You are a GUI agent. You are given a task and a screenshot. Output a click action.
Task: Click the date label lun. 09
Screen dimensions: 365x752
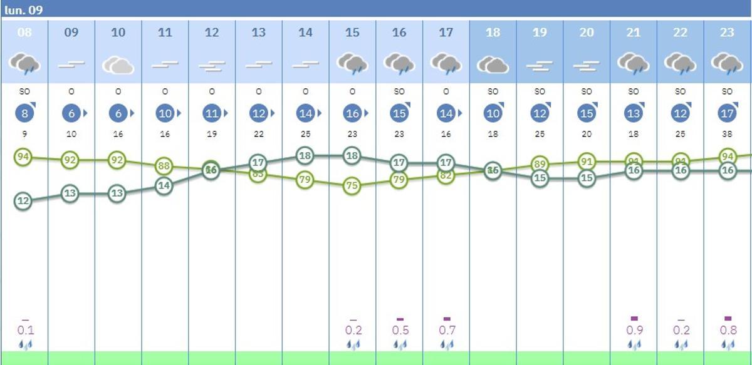[x=23, y=10]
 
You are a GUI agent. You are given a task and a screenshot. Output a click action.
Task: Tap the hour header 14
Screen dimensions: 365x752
[x=305, y=33]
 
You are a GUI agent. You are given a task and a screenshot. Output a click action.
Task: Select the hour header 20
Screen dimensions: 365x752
[x=587, y=33]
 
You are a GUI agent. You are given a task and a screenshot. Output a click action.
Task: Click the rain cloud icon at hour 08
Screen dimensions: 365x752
[x=24, y=63]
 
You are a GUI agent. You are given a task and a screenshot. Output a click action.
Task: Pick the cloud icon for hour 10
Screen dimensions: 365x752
[x=118, y=64]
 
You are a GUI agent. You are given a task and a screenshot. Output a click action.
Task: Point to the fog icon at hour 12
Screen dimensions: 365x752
[x=212, y=65]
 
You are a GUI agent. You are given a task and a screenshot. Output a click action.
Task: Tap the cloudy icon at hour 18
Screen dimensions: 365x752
[x=493, y=64]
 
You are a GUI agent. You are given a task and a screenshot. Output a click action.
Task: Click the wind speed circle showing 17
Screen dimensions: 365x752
[x=727, y=114]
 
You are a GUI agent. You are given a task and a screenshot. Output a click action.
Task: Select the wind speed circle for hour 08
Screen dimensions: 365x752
[x=24, y=114]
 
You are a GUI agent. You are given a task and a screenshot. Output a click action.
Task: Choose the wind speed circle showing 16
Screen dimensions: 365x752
[x=352, y=114]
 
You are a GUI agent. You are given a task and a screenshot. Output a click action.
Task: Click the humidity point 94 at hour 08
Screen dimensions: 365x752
[x=23, y=157]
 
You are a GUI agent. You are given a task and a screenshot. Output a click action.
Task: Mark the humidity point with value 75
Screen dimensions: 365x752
[x=352, y=186]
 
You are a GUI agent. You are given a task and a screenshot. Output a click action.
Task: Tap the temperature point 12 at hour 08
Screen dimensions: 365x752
[x=23, y=201]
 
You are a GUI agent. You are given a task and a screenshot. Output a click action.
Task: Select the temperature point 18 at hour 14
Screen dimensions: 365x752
[x=305, y=155]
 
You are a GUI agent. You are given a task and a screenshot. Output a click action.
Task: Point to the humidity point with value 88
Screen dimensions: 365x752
[x=164, y=166]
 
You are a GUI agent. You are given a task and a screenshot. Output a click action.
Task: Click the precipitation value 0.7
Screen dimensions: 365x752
[x=446, y=331]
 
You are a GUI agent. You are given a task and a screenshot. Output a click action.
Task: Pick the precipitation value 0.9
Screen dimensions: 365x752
[x=634, y=331]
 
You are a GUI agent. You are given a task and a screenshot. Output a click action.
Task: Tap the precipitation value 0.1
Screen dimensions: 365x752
[x=25, y=331]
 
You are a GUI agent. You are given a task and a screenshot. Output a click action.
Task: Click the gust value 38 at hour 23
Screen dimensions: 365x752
[x=727, y=134]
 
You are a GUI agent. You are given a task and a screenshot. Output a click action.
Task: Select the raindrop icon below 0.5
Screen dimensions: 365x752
[x=399, y=344]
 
